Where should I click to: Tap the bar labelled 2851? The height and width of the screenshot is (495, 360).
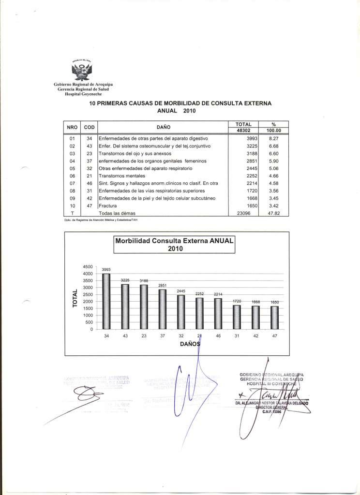point(163,309)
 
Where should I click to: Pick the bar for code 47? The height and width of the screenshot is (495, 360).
point(274,318)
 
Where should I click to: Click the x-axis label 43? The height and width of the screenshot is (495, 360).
point(125,336)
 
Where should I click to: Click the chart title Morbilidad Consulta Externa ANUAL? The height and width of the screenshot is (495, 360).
point(174,240)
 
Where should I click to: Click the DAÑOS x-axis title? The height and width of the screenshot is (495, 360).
point(189,345)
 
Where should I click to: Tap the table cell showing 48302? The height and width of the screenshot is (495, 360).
point(244,130)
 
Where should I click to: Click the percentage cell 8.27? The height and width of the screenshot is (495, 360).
point(274,138)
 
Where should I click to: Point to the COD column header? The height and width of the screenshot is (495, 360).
point(89,127)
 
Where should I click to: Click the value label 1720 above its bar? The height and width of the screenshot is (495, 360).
point(237,301)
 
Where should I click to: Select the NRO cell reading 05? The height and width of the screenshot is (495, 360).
point(72,168)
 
